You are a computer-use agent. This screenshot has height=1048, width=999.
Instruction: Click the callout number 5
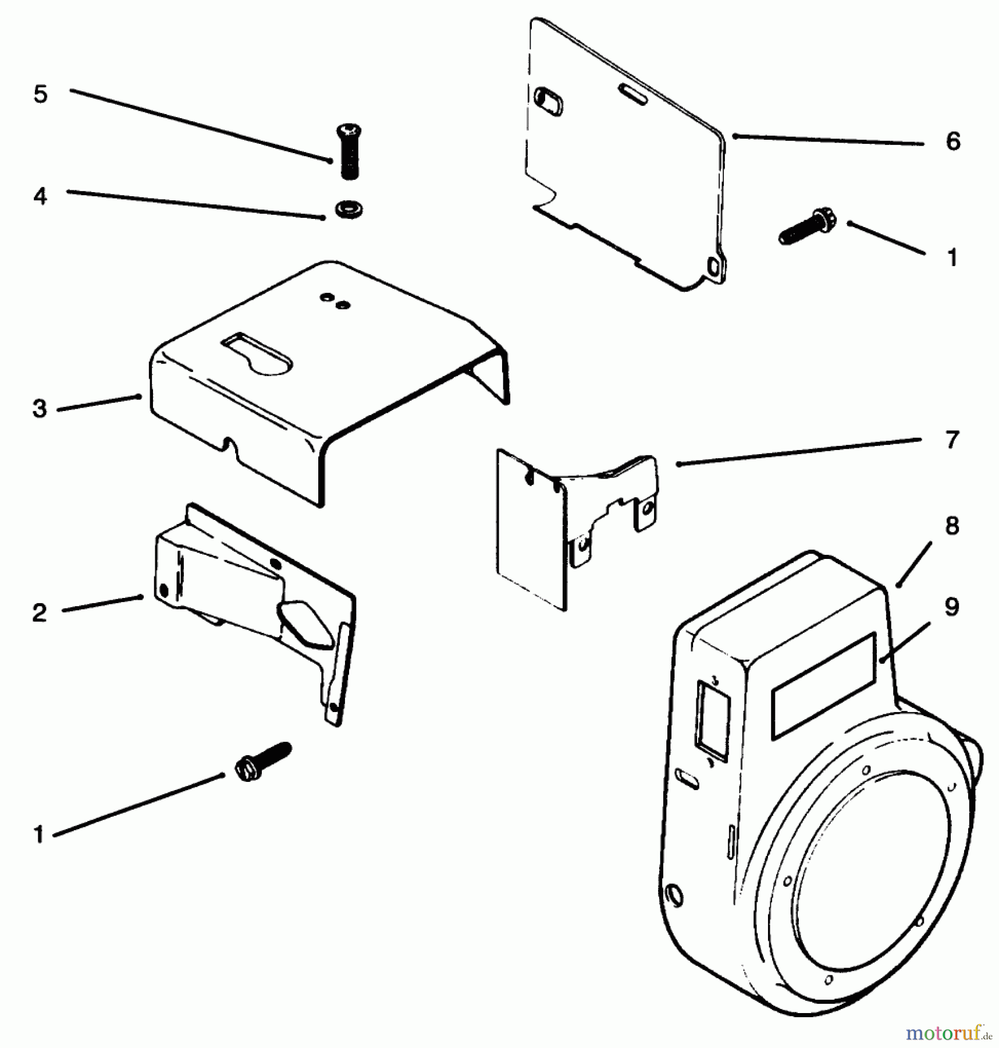40,94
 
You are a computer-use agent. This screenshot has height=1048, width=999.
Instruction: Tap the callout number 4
40,196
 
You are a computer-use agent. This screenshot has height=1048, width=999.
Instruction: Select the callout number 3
39,409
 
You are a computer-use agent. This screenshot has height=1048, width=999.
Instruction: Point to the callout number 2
39,612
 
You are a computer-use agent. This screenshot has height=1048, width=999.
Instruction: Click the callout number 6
952,141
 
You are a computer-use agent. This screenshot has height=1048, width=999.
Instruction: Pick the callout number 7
952,440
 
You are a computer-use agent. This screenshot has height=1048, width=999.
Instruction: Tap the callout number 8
952,526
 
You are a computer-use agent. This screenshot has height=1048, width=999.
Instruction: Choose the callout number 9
951,607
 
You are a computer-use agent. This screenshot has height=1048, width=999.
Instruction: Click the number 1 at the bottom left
39,835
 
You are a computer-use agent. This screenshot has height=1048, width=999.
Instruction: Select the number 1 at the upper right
952,257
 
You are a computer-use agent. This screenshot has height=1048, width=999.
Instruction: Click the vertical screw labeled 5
348,151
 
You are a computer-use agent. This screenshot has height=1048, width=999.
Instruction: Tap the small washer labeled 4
349,208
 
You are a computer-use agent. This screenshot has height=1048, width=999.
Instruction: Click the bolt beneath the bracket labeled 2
261,761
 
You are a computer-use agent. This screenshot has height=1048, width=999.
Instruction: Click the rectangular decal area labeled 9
822,686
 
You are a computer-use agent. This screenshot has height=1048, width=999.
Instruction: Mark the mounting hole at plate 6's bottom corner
713,267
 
